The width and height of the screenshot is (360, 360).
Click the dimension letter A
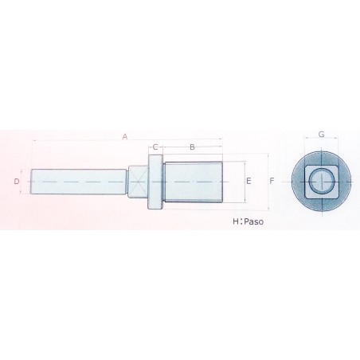point(125,136)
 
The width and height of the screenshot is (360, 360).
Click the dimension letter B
point(192,147)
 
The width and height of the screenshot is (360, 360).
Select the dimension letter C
point(155,147)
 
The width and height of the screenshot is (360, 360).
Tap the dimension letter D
point(17,182)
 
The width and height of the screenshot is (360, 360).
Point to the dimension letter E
point(248,182)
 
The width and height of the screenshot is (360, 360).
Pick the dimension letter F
point(272,182)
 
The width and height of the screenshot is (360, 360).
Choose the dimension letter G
point(322,135)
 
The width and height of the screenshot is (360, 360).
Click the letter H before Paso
point(235,222)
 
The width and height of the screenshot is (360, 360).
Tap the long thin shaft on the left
point(80,182)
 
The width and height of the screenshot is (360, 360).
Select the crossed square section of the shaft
point(139,182)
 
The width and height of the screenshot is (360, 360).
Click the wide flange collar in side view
point(155,182)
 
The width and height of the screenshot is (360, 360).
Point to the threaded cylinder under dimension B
point(192,182)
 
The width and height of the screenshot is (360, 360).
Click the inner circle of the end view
point(322,182)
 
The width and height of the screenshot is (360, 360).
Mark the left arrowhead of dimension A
point(33,141)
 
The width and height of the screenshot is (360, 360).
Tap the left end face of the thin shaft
point(32,182)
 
